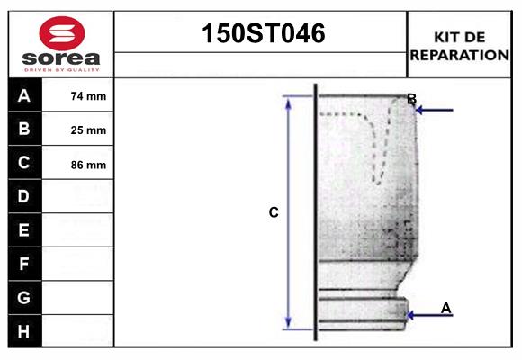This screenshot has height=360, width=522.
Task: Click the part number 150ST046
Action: (x=261, y=34)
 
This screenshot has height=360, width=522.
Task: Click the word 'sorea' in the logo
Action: (x=61, y=58)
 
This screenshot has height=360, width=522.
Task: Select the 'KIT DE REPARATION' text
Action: (x=460, y=45)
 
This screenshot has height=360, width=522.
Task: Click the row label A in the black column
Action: (x=24, y=95)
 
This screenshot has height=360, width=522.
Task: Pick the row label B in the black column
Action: (x=24, y=129)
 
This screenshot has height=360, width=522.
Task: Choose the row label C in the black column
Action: (x=24, y=163)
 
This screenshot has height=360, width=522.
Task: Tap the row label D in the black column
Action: (x=24, y=196)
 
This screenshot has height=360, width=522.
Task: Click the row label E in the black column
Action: (x=24, y=230)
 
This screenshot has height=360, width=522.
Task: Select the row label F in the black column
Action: (x=24, y=264)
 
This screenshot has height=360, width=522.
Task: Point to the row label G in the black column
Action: (x=24, y=297)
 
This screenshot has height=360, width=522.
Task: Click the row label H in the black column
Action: (x=24, y=331)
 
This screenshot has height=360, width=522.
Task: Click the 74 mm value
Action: (x=88, y=96)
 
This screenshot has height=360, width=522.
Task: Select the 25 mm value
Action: (x=88, y=130)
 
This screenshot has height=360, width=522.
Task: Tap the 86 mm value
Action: (x=88, y=164)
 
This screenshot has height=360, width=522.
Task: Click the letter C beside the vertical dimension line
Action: (x=274, y=213)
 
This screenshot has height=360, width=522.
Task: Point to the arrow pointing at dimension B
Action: (x=434, y=111)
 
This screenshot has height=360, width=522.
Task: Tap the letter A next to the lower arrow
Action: (x=446, y=308)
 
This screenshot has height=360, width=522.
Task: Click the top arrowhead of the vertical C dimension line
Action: (x=289, y=102)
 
